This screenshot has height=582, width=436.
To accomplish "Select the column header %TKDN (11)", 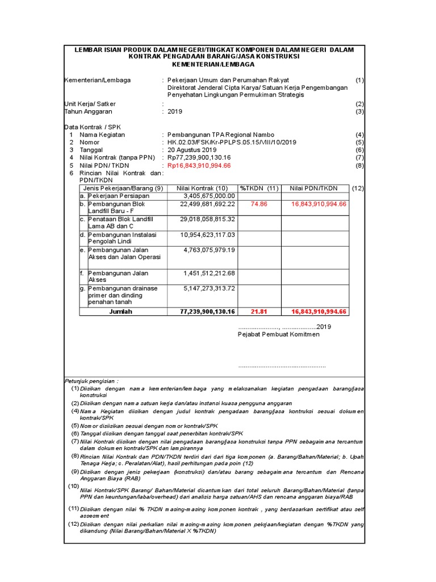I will (x=259, y=188).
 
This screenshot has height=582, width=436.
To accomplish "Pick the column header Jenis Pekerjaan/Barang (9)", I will (x=123, y=188).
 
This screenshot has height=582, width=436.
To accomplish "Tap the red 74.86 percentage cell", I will (x=259, y=203).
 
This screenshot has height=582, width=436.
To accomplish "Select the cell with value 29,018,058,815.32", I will (x=208, y=219).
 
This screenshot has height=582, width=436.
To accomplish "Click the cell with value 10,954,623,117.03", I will (x=208, y=234).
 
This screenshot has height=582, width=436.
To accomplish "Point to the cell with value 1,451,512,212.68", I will (x=209, y=273).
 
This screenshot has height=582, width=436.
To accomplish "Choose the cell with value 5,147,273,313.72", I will (x=209, y=289).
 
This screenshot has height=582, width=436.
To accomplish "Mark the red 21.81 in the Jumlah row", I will (x=259, y=311).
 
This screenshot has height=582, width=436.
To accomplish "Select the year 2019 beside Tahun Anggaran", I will (x=175, y=111).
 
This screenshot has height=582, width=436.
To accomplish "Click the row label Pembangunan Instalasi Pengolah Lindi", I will (x=121, y=238).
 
